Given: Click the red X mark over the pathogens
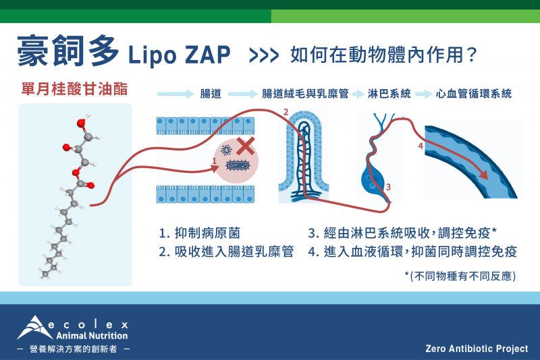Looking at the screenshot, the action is click(246, 146).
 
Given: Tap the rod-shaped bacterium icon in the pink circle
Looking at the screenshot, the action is click(238, 166).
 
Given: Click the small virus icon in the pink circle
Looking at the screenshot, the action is click(226, 150).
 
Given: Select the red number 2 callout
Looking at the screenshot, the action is click(286, 112).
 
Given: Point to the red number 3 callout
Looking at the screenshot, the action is click(388, 187).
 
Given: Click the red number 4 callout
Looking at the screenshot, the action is click(420, 146).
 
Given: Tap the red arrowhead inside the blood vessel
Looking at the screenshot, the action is click(484, 175).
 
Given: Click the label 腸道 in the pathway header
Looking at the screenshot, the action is click(211, 94).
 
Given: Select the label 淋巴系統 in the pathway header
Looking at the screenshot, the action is click(389, 94).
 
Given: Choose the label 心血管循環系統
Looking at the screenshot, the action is click(474, 94).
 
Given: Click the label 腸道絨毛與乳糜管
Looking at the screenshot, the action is click(305, 94).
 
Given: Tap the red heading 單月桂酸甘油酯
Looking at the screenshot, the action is click(74, 89).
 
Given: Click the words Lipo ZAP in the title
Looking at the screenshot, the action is click(179, 55).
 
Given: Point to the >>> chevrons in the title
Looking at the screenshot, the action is click(264, 56).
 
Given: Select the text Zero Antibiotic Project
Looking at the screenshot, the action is click(477, 349).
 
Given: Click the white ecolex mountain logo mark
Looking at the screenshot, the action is click(32, 328).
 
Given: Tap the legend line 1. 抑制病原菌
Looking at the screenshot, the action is click(199, 233).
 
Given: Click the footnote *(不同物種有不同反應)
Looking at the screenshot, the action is click(460, 276).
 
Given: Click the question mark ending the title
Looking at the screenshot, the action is click(472, 55).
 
